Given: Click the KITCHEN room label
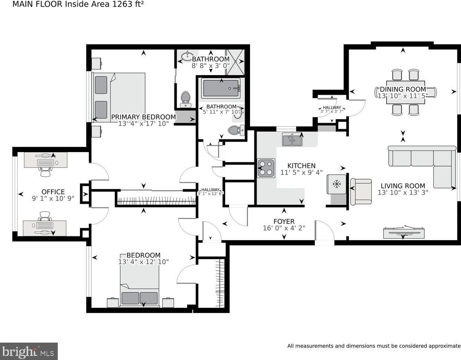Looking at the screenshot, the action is pyautogui.click(x=301, y=166).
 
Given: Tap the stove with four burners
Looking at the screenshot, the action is pyautogui.click(x=266, y=168).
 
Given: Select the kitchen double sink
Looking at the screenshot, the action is pyautogui.click(x=293, y=139).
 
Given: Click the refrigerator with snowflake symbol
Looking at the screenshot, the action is pyautogui.click(x=337, y=184).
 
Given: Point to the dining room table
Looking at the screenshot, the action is pyautogui.click(x=405, y=92).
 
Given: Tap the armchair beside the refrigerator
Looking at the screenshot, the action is pyautogui.click(x=361, y=192).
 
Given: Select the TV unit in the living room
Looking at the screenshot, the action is pyautogui.click(x=404, y=232).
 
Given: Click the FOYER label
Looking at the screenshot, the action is pyautogui.click(x=284, y=221).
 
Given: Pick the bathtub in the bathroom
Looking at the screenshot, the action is pyautogui.click(x=221, y=88).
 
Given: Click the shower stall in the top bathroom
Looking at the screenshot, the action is pyautogui.click(x=235, y=62).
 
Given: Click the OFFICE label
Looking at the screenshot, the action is pyautogui.click(x=53, y=192).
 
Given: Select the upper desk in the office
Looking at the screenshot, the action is pyautogui.click(x=46, y=160).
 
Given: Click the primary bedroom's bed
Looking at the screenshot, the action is pyautogui.click(x=119, y=97).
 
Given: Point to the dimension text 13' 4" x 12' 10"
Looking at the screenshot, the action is pyautogui.click(x=143, y=262).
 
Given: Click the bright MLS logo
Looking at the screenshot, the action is pyautogui.click(x=29, y=351).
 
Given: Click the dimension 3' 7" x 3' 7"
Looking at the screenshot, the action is pyautogui.click(x=332, y=111).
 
